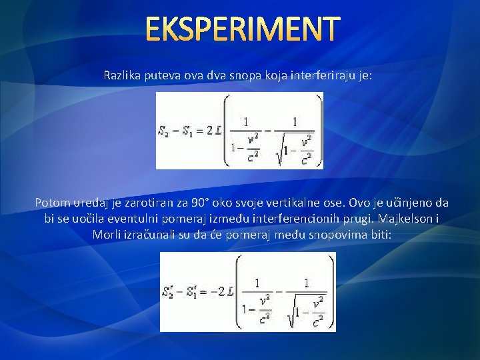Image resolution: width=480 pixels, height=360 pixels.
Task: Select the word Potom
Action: click(x=51, y=202)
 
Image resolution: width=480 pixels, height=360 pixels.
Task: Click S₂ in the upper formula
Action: click(x=163, y=131)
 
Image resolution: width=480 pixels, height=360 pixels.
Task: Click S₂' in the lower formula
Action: click(x=169, y=292)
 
